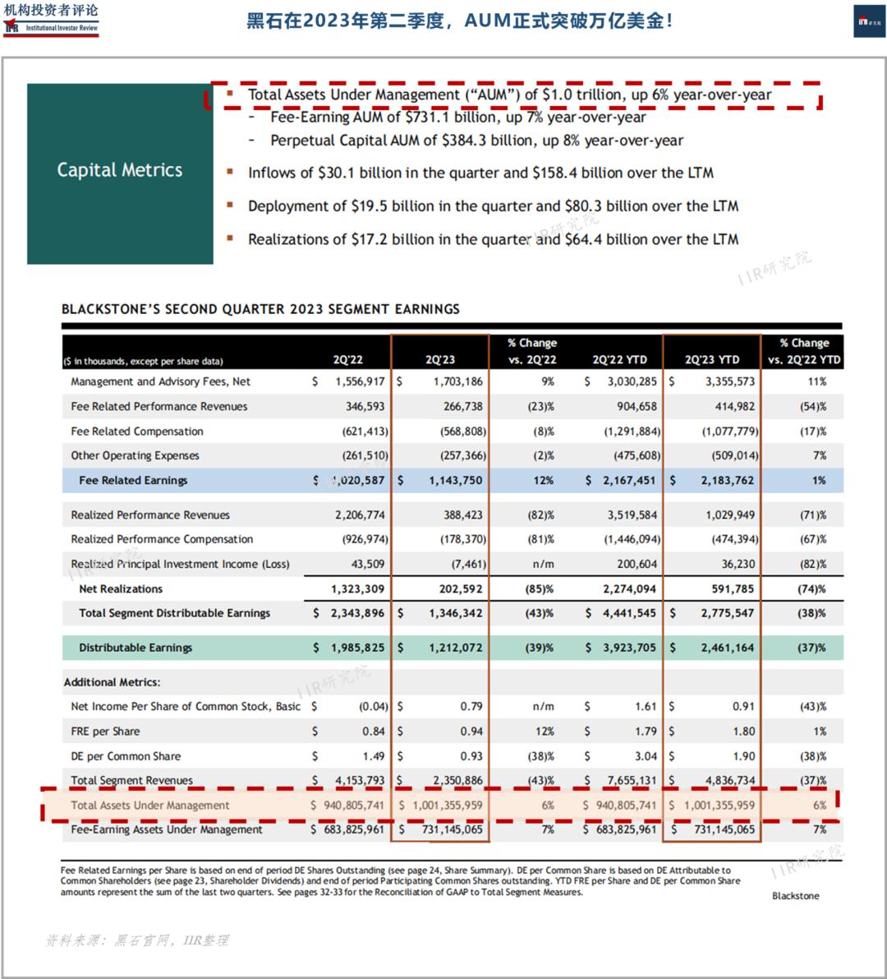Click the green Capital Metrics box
click(x=120, y=173)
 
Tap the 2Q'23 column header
click(x=440, y=360)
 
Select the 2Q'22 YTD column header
click(x=619, y=360)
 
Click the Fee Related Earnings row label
click(x=133, y=480)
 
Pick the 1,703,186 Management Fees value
click(x=458, y=381)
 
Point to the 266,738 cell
click(x=462, y=406)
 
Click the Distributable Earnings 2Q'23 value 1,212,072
click(x=456, y=648)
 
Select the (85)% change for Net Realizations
click(x=540, y=589)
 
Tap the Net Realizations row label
click(x=121, y=589)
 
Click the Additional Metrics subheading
click(x=113, y=682)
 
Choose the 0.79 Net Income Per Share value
click(x=471, y=706)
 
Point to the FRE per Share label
click(x=105, y=732)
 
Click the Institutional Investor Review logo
click(x=51, y=19)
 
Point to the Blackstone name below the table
click(x=795, y=896)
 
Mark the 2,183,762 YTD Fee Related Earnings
click(x=727, y=480)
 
